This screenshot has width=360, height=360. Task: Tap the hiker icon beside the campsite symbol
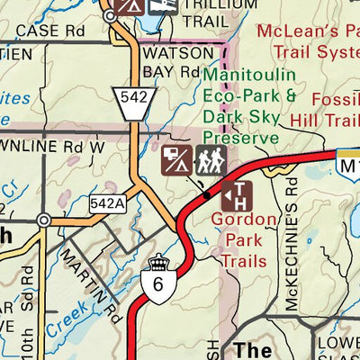point(210,161)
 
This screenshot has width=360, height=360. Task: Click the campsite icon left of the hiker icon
point(175,161)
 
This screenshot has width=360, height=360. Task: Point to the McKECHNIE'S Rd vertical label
point(291,243)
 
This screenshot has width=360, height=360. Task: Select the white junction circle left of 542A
point(43,220)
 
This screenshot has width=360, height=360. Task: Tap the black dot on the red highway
point(206,193)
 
